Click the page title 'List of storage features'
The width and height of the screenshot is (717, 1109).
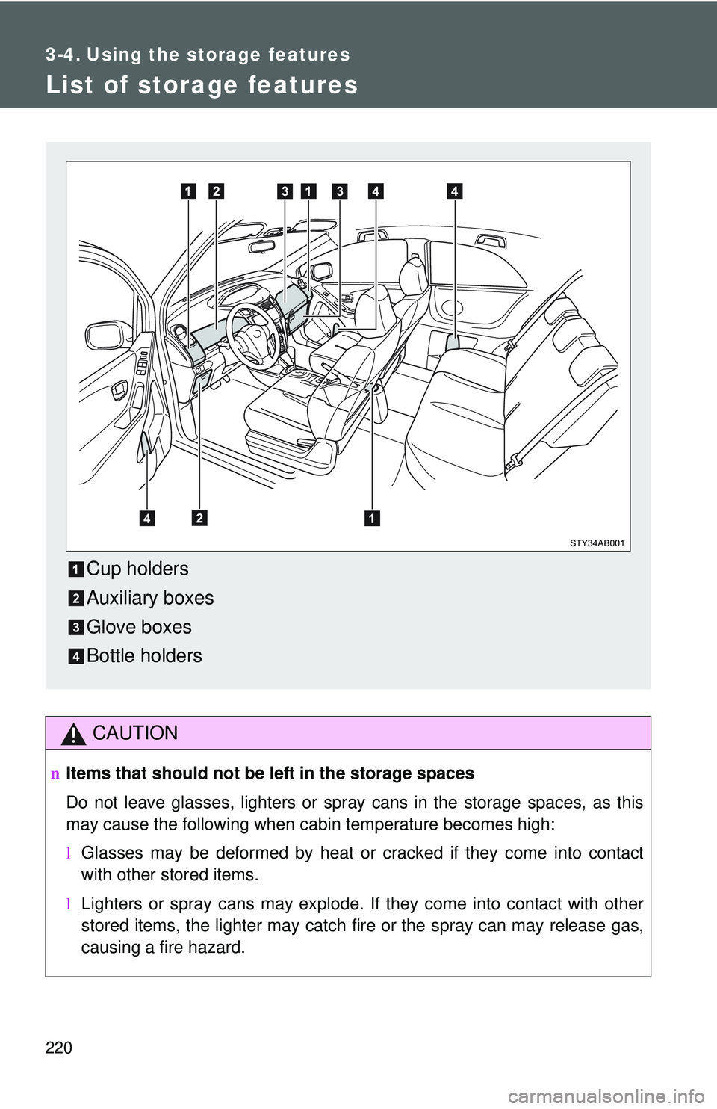click(x=202, y=85)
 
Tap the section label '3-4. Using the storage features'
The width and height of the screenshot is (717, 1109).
click(x=197, y=55)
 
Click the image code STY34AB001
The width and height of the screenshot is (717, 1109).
click(x=596, y=543)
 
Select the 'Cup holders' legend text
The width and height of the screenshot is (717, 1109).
click(x=137, y=569)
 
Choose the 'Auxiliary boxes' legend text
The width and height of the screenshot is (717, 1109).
click(x=150, y=598)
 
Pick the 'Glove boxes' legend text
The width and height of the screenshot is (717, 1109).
click(x=139, y=627)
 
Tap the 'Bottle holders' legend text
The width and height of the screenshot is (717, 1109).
click(x=144, y=656)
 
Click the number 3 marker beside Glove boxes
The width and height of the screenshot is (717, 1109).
click(x=76, y=628)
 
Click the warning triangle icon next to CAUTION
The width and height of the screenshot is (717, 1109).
click(x=73, y=735)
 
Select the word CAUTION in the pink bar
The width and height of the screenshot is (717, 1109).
click(x=135, y=733)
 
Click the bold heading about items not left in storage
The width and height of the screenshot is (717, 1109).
click(x=270, y=773)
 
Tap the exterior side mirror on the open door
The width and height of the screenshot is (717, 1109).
click(x=108, y=335)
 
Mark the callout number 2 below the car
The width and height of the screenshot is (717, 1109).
click(x=199, y=518)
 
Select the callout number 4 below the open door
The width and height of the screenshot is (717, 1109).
click(x=147, y=518)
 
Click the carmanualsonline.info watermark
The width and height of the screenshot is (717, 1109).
click(x=611, y=1096)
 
